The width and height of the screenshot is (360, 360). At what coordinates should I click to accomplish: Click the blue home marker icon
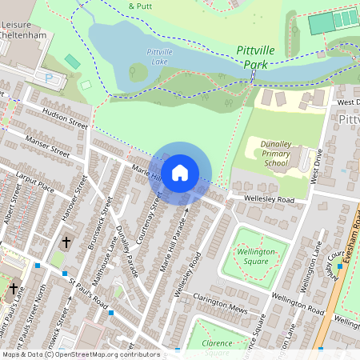pos(180,172)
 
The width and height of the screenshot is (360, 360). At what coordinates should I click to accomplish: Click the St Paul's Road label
pos(87,294)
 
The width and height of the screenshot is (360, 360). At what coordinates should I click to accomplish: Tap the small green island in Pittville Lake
pos(138,74)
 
